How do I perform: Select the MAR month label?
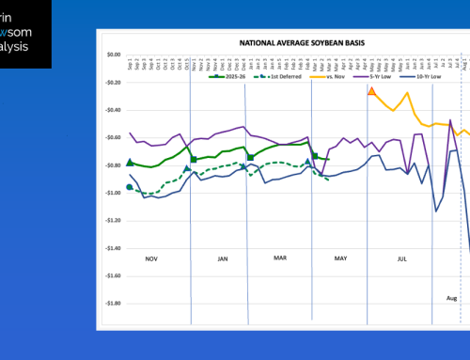[279, 256]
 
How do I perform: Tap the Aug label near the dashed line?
[451, 297]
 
